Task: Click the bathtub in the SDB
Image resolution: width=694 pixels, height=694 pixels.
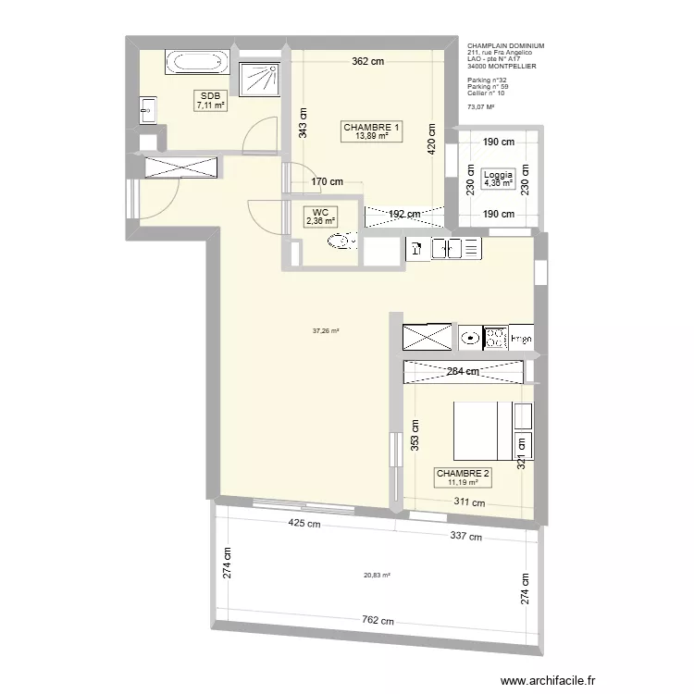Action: pyautogui.click(x=193, y=63)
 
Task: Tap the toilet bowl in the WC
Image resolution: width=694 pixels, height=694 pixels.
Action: pyautogui.click(x=344, y=242)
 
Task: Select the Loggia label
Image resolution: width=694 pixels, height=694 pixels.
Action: pyautogui.click(x=497, y=174)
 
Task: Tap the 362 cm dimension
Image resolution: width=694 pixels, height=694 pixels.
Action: pyautogui.click(x=367, y=63)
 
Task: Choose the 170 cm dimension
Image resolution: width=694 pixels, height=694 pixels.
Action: pyautogui.click(x=327, y=182)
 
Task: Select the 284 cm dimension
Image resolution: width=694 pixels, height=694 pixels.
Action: pyautogui.click(x=464, y=372)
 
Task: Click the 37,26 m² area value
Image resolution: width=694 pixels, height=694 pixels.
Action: pyautogui.click(x=326, y=330)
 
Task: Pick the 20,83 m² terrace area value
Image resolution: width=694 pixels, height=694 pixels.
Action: pyautogui.click(x=377, y=575)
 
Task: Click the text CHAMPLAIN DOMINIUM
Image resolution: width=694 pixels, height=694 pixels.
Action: pyautogui.click(x=505, y=45)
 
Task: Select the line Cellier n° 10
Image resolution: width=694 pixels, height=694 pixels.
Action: pyautogui.click(x=487, y=93)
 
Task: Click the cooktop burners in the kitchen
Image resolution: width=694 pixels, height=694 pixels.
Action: pyautogui.click(x=497, y=339)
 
